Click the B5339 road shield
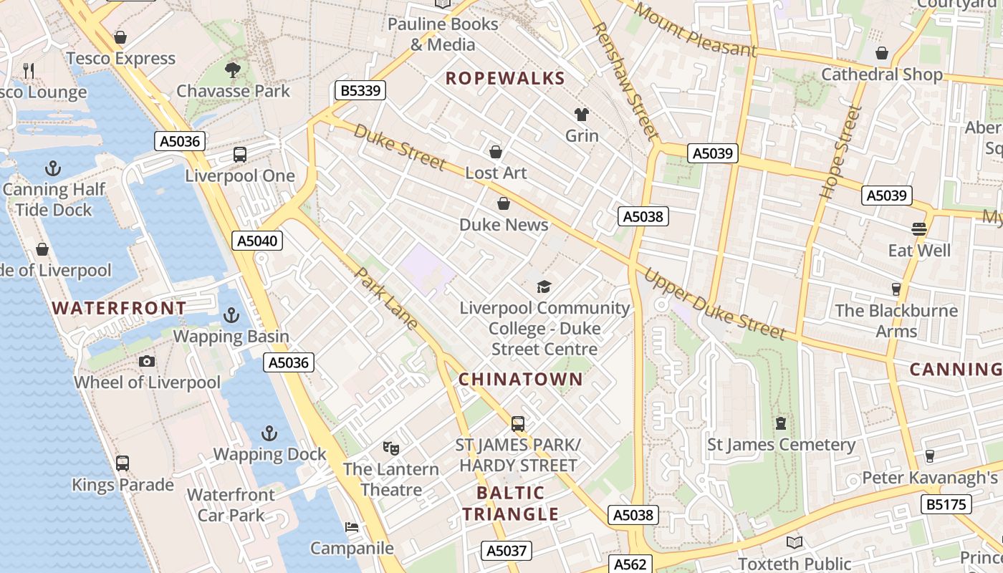(360, 90)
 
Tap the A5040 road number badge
(258, 241)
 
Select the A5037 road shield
(507, 551)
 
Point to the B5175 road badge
(946, 504)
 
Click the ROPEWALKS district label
(505, 79)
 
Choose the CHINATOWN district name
(521, 380)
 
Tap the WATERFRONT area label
(119, 309)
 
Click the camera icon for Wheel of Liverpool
(147, 361)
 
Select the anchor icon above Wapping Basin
(231, 315)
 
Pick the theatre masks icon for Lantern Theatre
(390, 448)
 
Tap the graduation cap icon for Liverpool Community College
(544, 286)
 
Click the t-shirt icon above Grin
(581, 115)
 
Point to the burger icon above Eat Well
(919, 229)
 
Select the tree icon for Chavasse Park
(232, 69)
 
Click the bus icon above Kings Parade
(123, 463)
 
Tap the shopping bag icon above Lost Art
(495, 152)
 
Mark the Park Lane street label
(387, 298)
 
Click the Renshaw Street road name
(625, 80)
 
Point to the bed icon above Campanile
(351, 527)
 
